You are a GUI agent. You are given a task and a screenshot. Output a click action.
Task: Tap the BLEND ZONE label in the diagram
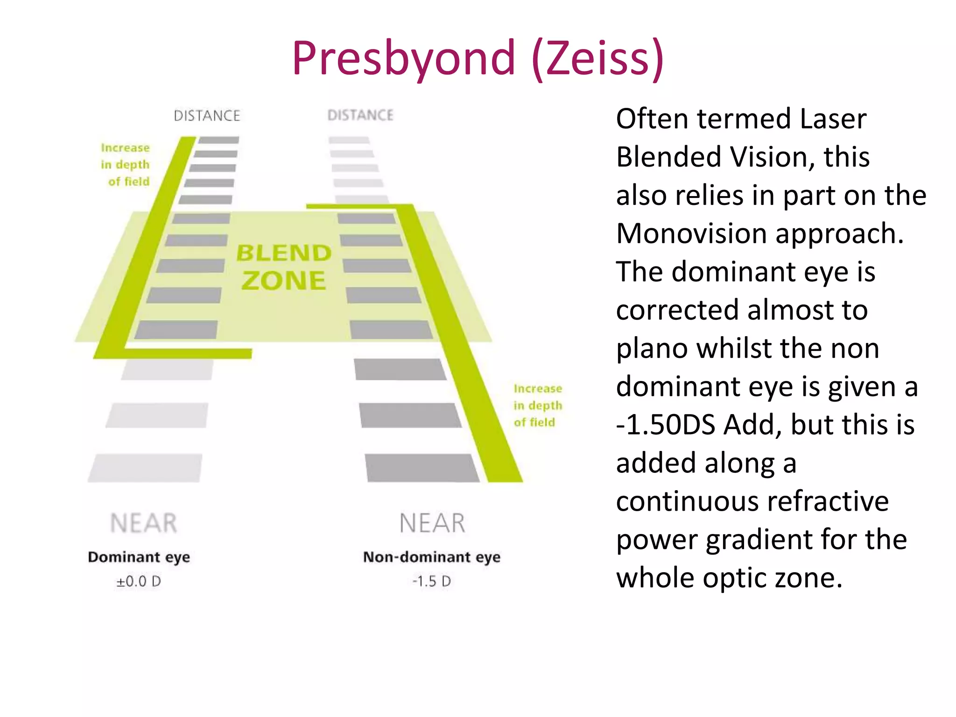[x=283, y=267]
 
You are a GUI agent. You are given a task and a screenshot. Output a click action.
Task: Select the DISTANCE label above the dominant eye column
[x=207, y=116]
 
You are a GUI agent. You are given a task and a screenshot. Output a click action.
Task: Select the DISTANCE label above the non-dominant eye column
[x=360, y=115]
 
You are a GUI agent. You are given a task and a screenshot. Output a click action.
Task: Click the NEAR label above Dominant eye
[x=144, y=523]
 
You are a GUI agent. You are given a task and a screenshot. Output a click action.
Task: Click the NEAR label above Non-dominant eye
[x=432, y=523]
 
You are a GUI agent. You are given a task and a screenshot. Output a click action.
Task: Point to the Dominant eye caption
[x=139, y=557]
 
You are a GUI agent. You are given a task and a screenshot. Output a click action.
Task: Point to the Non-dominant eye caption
[x=432, y=557]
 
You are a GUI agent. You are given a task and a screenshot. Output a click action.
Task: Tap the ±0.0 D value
[x=139, y=582]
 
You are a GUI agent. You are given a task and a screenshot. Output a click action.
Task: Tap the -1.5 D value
[x=432, y=582]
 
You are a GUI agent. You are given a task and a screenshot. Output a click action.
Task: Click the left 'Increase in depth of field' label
[x=125, y=165]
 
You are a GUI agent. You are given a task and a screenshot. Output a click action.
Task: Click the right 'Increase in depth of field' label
[x=538, y=406]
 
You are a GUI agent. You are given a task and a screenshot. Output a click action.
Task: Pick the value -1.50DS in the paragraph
[x=666, y=425]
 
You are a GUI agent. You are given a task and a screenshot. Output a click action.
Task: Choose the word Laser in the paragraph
[x=833, y=119]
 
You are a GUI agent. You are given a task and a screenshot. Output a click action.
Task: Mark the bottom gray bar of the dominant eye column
[x=145, y=468]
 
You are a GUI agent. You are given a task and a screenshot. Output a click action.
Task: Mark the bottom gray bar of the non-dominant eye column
[x=422, y=468]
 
